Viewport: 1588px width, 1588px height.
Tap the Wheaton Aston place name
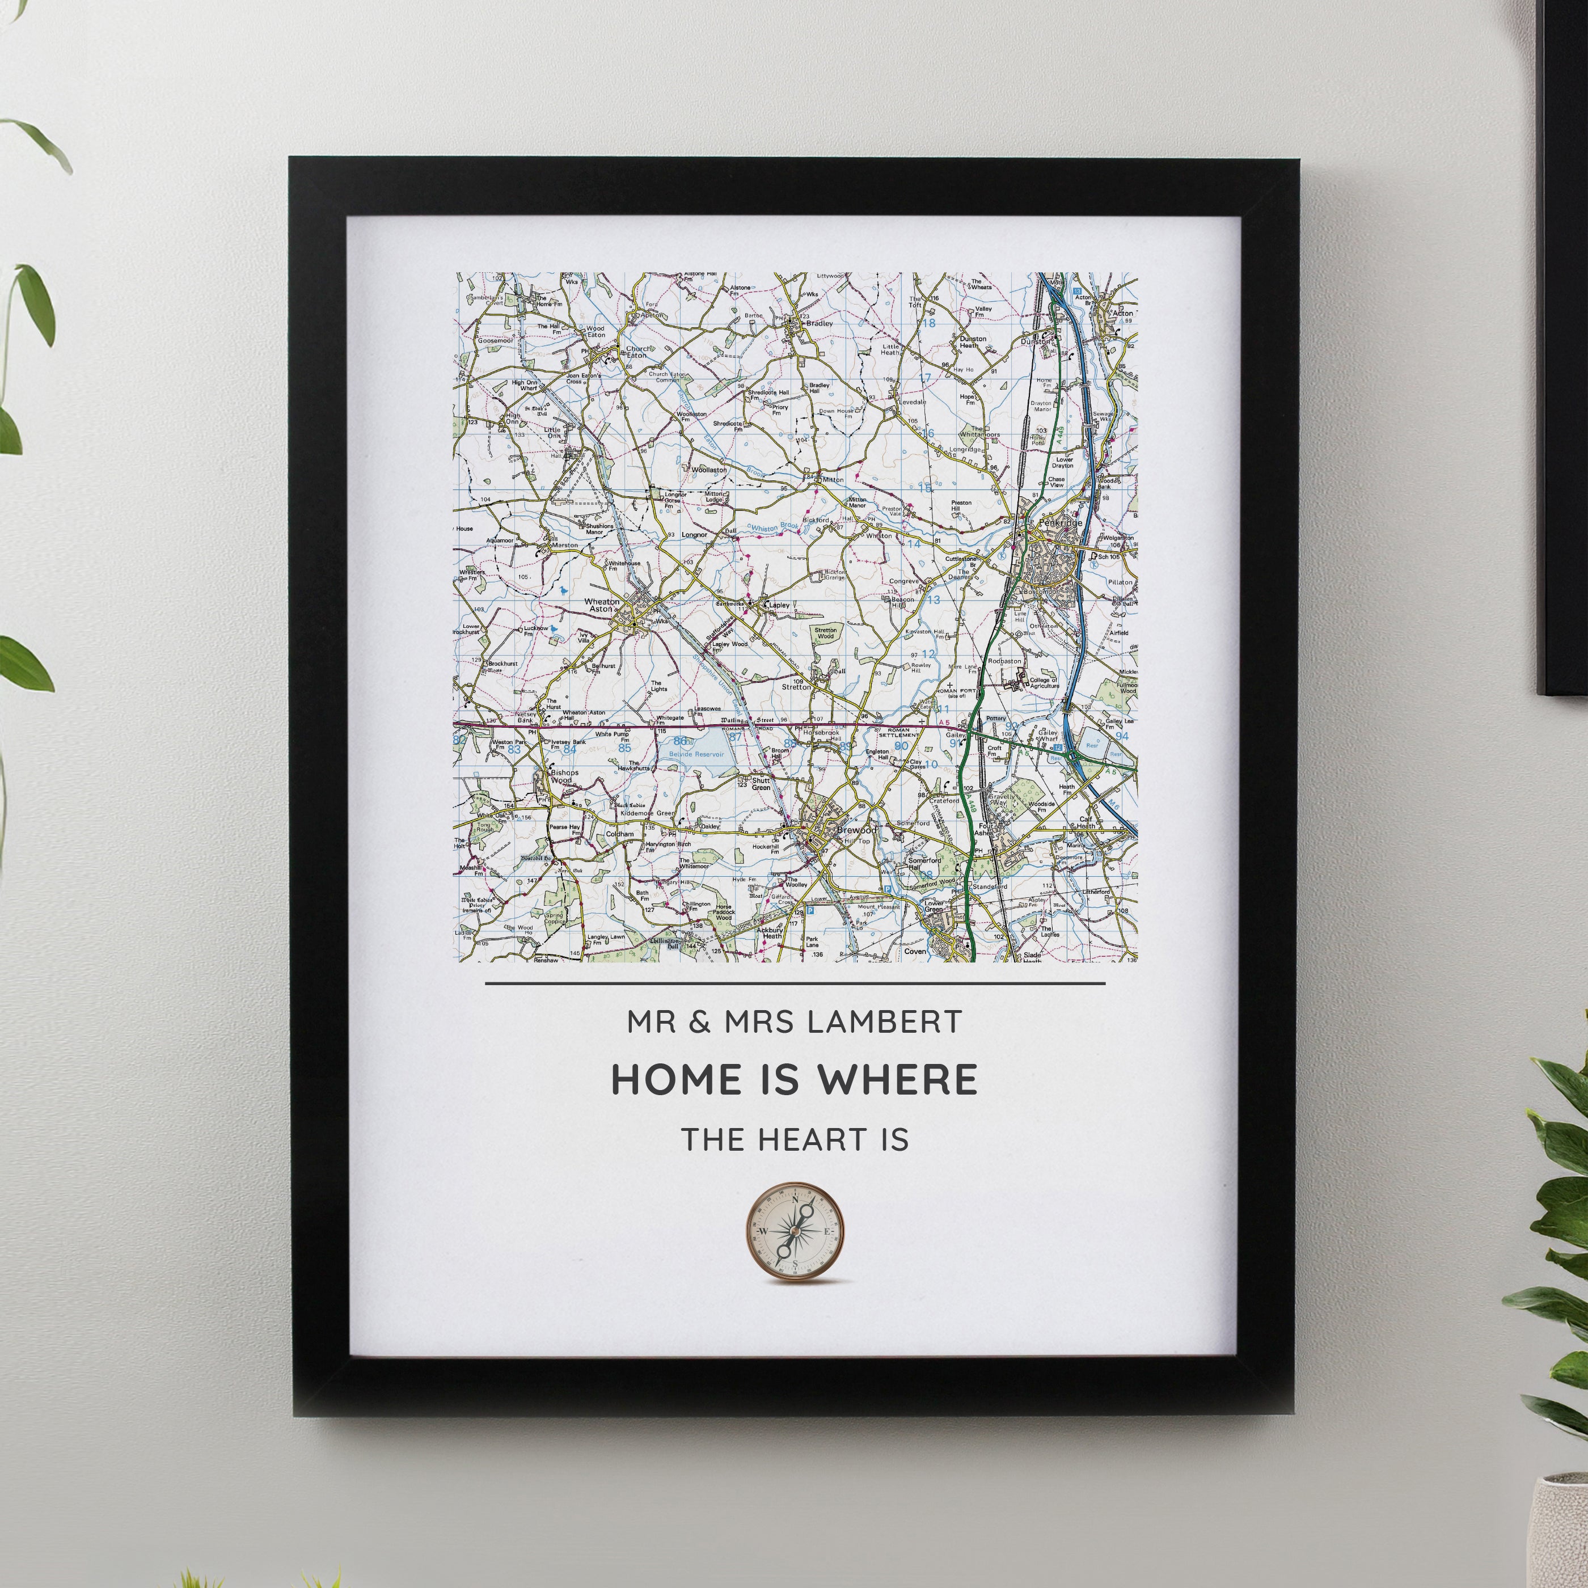[599, 605]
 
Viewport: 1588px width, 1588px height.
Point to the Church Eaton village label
[638, 353]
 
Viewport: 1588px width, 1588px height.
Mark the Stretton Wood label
[825, 633]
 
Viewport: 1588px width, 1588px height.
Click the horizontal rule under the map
[795, 983]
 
